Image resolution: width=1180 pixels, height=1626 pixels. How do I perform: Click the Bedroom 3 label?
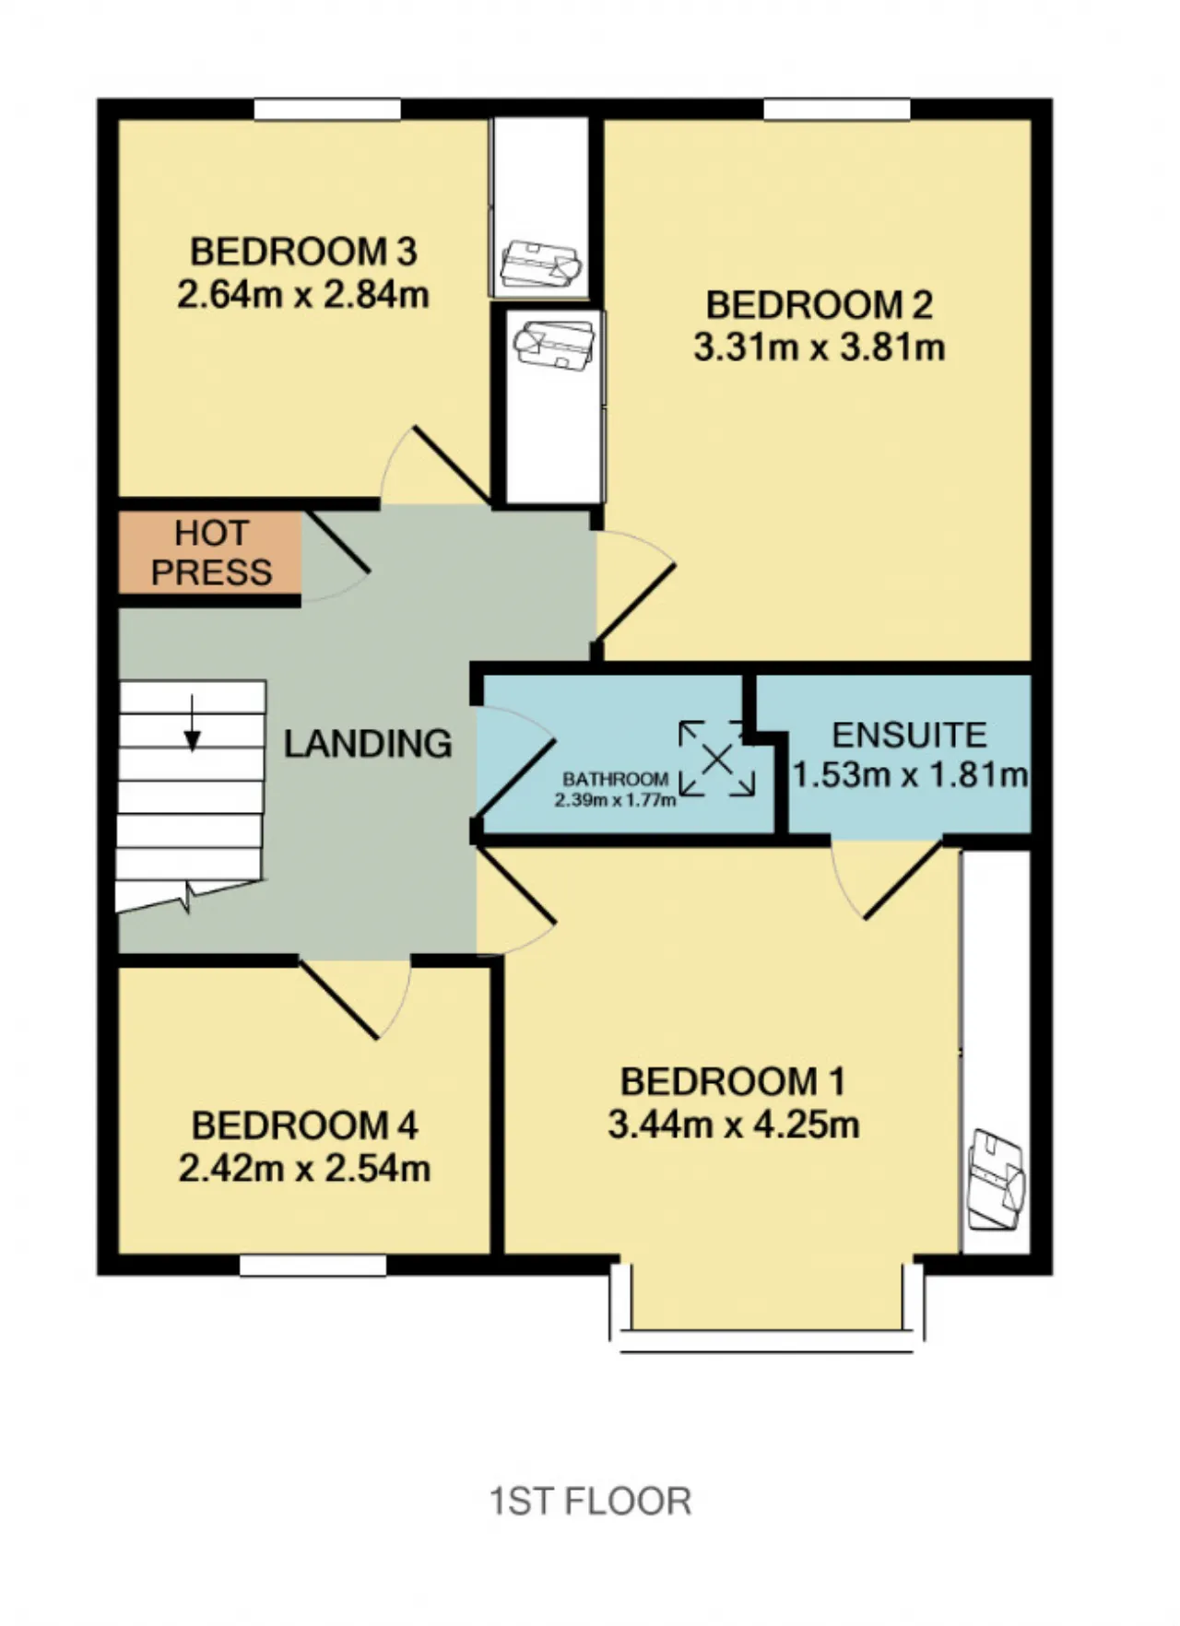[x=303, y=251]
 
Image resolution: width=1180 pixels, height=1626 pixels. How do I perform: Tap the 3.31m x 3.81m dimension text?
[x=820, y=348]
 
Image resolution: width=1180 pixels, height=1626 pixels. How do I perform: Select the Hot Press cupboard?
[x=210, y=553]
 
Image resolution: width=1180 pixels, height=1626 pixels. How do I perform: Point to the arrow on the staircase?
[x=192, y=723]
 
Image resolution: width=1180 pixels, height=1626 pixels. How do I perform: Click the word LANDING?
[x=368, y=743]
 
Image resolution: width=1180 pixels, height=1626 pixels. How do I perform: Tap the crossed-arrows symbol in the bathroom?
[x=717, y=760]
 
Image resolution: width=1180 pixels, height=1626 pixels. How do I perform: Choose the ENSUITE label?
[x=910, y=735]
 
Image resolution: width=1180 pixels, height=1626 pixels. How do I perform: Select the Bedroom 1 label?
[x=733, y=1081]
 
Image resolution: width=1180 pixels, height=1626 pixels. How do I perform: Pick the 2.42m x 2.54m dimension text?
[x=304, y=1168]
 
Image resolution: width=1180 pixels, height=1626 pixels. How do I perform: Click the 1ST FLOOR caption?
[x=590, y=1502]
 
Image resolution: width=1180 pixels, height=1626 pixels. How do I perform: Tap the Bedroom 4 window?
[x=313, y=1266]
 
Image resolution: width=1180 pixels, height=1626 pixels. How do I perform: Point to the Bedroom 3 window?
[x=327, y=109]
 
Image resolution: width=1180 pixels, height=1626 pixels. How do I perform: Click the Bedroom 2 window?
[x=837, y=109]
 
